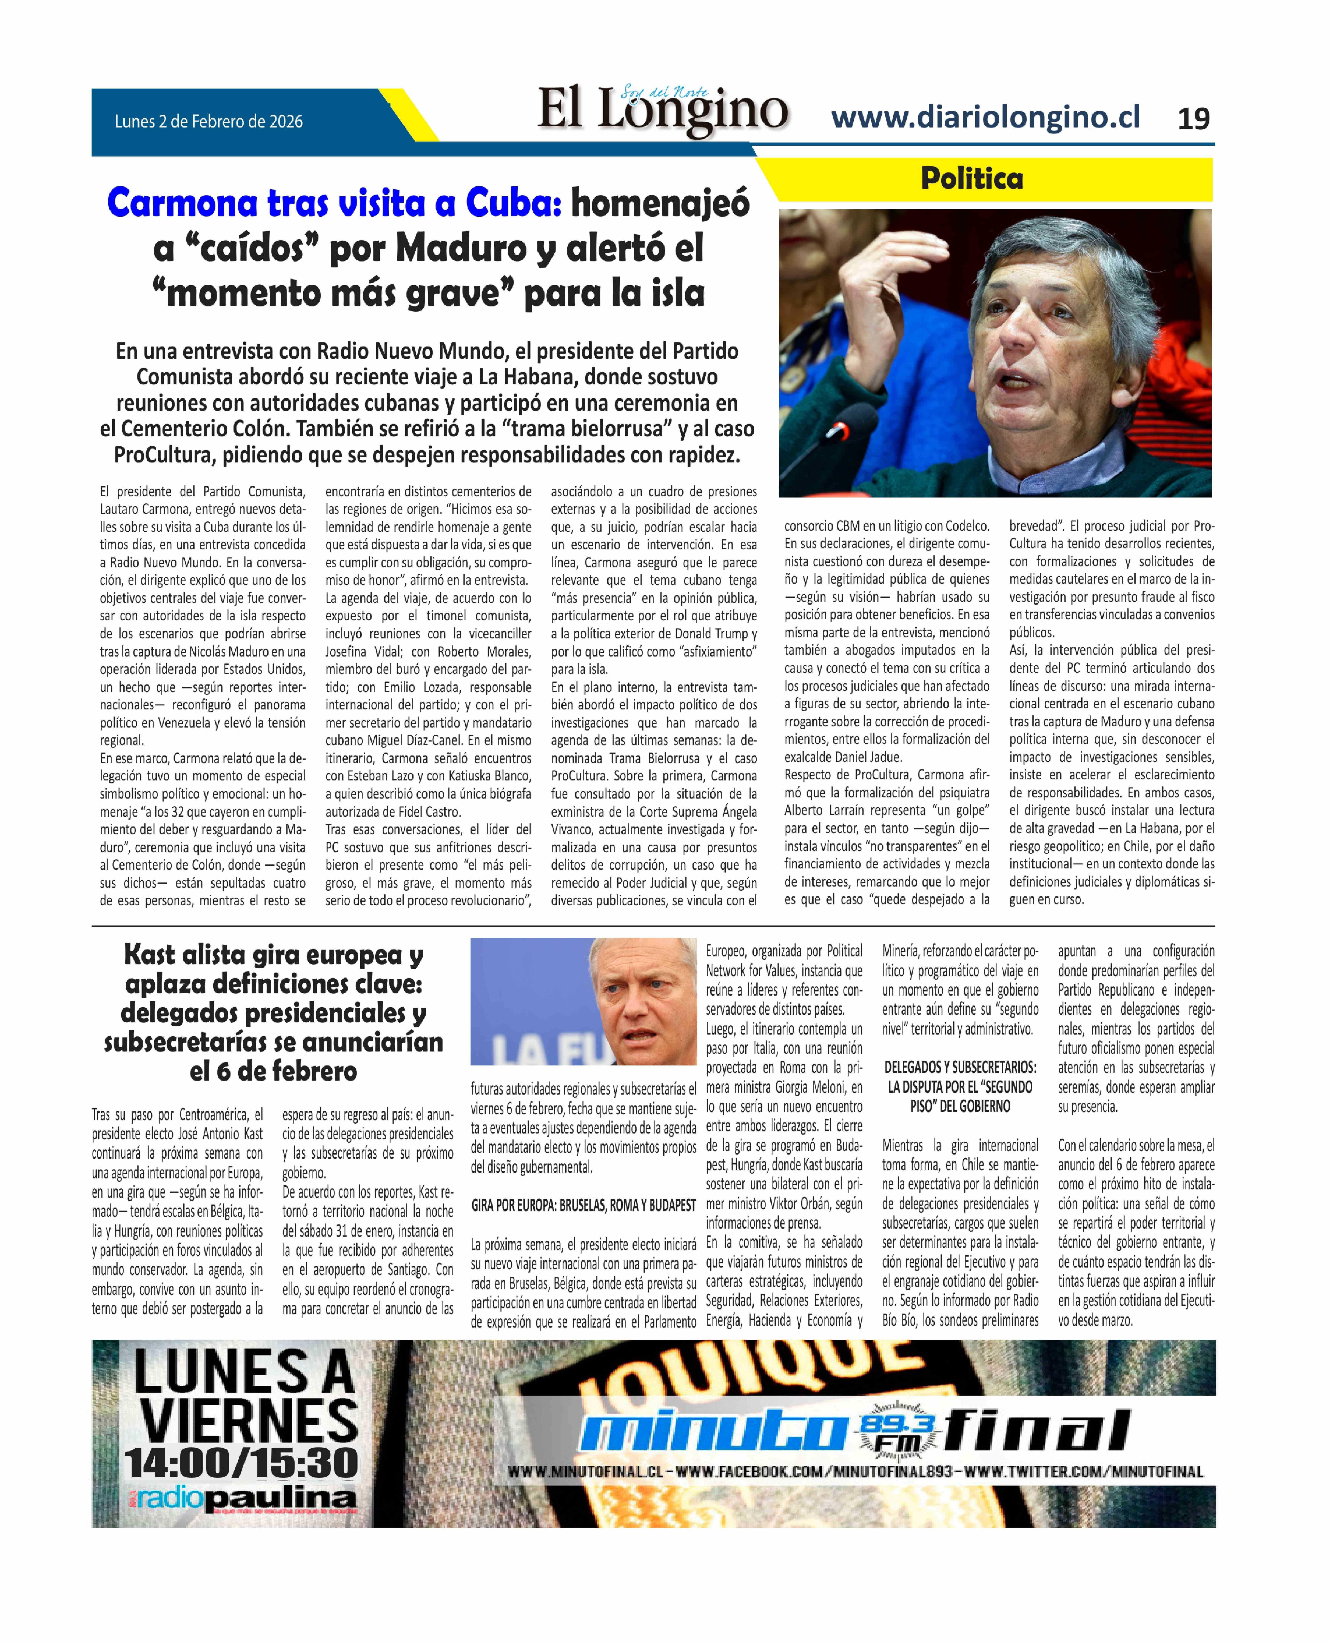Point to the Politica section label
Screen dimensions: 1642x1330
click(971, 179)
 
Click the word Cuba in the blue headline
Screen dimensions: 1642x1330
click(513, 203)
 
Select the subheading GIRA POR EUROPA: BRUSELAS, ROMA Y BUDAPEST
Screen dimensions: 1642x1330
click(583, 1205)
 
